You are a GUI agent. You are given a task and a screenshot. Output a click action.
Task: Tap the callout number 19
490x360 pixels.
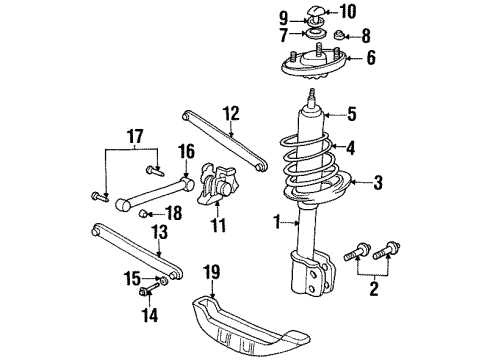pyautogui.click(x=212, y=272)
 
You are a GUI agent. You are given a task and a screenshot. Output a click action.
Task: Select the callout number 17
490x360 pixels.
pyautogui.click(x=135, y=136)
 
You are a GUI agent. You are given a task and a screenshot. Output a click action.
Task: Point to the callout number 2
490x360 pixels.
pyautogui.click(x=374, y=289)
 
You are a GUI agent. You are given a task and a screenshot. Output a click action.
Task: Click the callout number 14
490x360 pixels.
pyautogui.click(x=150, y=315)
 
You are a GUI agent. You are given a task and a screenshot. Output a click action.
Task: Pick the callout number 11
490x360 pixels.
pyautogui.click(x=218, y=225)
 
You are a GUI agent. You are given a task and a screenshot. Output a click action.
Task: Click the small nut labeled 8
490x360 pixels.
pyautogui.click(x=339, y=34)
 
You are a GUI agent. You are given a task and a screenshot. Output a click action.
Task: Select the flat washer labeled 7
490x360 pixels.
pyautogui.click(x=315, y=34)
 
